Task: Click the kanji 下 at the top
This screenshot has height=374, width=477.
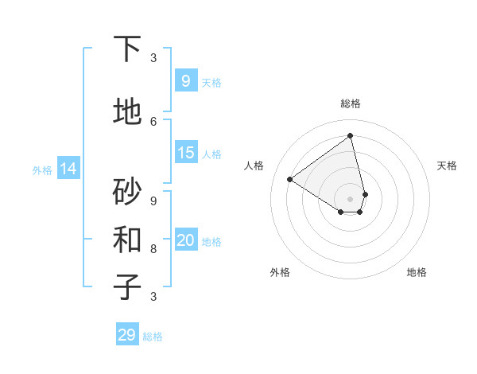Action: pyautogui.click(x=127, y=49)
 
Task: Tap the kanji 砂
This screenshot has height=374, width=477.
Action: pyautogui.click(x=127, y=191)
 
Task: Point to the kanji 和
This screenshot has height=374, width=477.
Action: pyautogui.click(x=127, y=239)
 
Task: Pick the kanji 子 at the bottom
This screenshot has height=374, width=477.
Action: pyautogui.click(x=127, y=286)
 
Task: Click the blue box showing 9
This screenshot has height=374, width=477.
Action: pyautogui.click(x=185, y=80)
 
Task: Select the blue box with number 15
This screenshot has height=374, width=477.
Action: pyautogui.click(x=185, y=153)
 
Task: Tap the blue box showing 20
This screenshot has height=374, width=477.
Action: pyautogui.click(x=185, y=240)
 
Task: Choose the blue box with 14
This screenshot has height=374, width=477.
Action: pyautogui.click(x=68, y=169)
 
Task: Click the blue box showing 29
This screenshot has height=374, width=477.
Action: pyautogui.click(x=127, y=335)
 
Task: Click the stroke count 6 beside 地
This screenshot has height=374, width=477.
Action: pyautogui.click(x=153, y=121)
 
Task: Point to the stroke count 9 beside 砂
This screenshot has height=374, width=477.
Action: pyautogui.click(x=153, y=201)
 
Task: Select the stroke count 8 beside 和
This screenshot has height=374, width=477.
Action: pyautogui.click(x=153, y=248)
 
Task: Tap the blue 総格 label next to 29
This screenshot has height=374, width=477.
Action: pyautogui.click(x=153, y=337)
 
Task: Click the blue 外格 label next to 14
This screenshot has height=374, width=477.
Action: pyautogui.click(x=42, y=169)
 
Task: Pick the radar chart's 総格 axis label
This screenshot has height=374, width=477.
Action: pyautogui.click(x=351, y=103)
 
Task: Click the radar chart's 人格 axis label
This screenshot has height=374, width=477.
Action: pyautogui.click(x=254, y=166)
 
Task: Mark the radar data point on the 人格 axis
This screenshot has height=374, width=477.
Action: pyautogui.click(x=290, y=180)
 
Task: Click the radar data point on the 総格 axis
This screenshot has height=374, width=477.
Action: pyautogui.click(x=351, y=136)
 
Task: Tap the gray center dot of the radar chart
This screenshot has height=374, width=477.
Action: pyautogui.click(x=351, y=198)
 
